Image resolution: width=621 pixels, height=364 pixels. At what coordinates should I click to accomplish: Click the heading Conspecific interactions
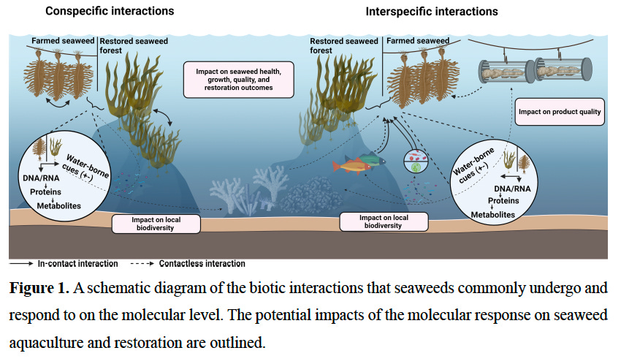110,11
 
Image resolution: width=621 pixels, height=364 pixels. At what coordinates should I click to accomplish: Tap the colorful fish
359,163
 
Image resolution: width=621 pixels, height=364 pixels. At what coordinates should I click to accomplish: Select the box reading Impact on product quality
560,112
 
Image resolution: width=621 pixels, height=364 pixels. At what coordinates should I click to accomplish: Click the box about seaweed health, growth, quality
239,79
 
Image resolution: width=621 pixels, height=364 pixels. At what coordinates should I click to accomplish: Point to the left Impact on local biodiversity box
156,223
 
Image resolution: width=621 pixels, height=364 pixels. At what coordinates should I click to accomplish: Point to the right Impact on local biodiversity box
384,221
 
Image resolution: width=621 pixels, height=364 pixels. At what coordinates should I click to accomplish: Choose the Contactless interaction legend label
207,263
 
